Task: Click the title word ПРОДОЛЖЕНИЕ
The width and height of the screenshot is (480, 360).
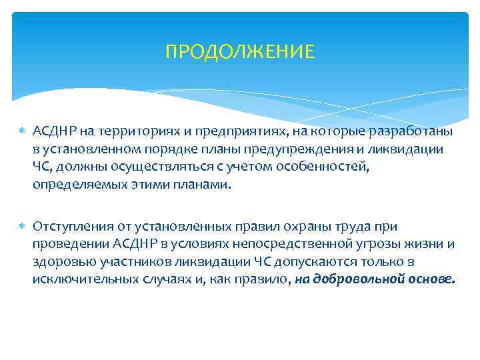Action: tap(239, 52)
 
